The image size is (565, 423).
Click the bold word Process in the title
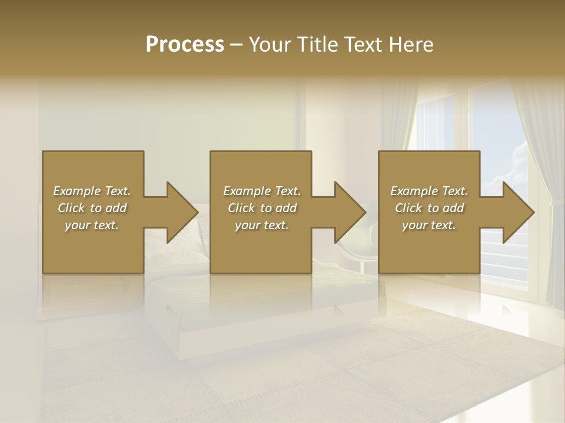pyautogui.click(x=185, y=44)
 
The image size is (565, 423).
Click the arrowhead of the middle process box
pyautogui.click(x=349, y=212)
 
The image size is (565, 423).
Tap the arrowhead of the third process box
pyautogui.click(x=517, y=212)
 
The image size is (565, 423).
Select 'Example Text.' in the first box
pyautogui.click(x=92, y=191)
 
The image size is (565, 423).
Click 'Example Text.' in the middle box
pyautogui.click(x=262, y=191)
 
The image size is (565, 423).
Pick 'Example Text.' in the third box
pyautogui.click(x=429, y=191)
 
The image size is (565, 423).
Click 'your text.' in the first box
pyautogui.click(x=92, y=225)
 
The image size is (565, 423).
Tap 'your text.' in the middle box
pyautogui.click(x=262, y=225)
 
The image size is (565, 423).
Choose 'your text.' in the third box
pyautogui.click(x=429, y=225)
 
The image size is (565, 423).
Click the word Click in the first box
pyautogui.click(x=71, y=208)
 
